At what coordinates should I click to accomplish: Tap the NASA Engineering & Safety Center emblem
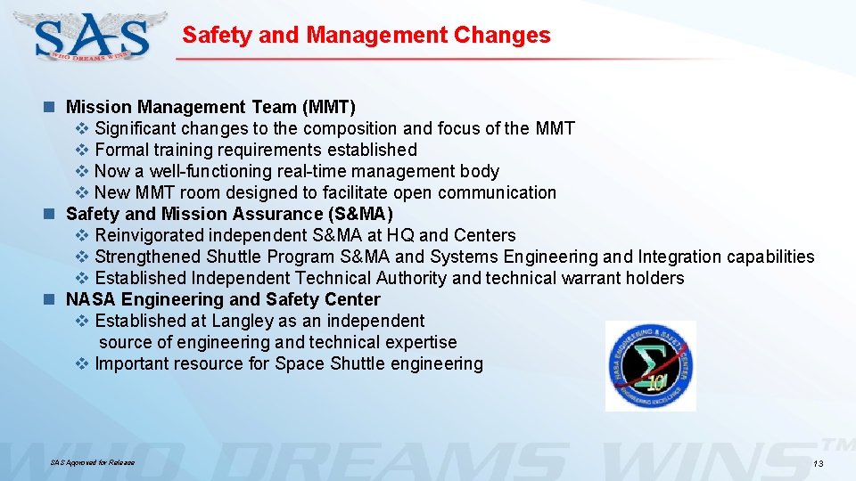(651, 366)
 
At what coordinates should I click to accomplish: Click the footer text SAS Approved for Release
(93, 463)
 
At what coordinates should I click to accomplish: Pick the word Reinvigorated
(150, 236)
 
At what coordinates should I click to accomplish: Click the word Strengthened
(147, 257)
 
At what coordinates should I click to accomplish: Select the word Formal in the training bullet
(121, 151)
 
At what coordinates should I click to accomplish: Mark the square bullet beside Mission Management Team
(52, 108)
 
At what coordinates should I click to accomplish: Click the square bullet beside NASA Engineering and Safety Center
(52, 300)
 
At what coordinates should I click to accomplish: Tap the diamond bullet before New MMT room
(81, 193)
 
